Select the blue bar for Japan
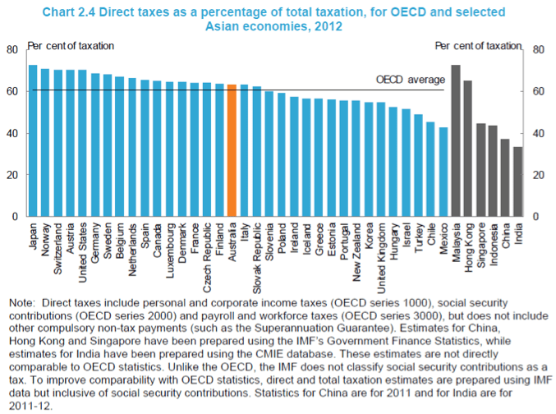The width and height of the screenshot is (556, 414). pyautogui.click(x=33, y=140)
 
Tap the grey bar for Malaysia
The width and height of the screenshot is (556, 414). pyautogui.click(x=456, y=140)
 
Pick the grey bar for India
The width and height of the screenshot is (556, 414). pyautogui.click(x=517, y=182)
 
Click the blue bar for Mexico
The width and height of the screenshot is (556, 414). pyautogui.click(x=443, y=172)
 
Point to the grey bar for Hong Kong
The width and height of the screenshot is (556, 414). pyautogui.click(x=468, y=149)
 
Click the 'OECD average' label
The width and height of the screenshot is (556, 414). pyautogui.click(x=411, y=80)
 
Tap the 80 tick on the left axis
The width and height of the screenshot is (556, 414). pyautogui.click(x=11, y=49)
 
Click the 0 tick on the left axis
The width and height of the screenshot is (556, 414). pyautogui.click(x=14, y=217)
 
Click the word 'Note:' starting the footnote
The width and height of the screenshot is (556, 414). pyautogui.click(x=24, y=304)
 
